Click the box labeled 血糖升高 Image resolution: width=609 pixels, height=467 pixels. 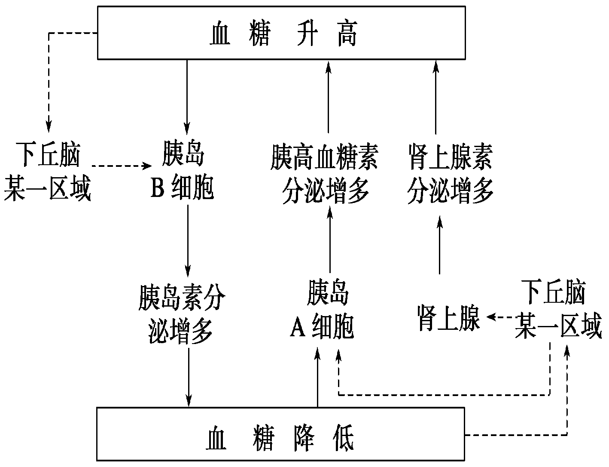click(x=281, y=33)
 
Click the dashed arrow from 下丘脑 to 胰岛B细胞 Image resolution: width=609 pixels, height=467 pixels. click(x=122, y=166)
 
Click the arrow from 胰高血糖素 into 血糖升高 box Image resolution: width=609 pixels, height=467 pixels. click(x=329, y=97)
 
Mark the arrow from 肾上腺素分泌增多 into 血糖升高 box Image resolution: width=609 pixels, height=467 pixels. click(x=436, y=97)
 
